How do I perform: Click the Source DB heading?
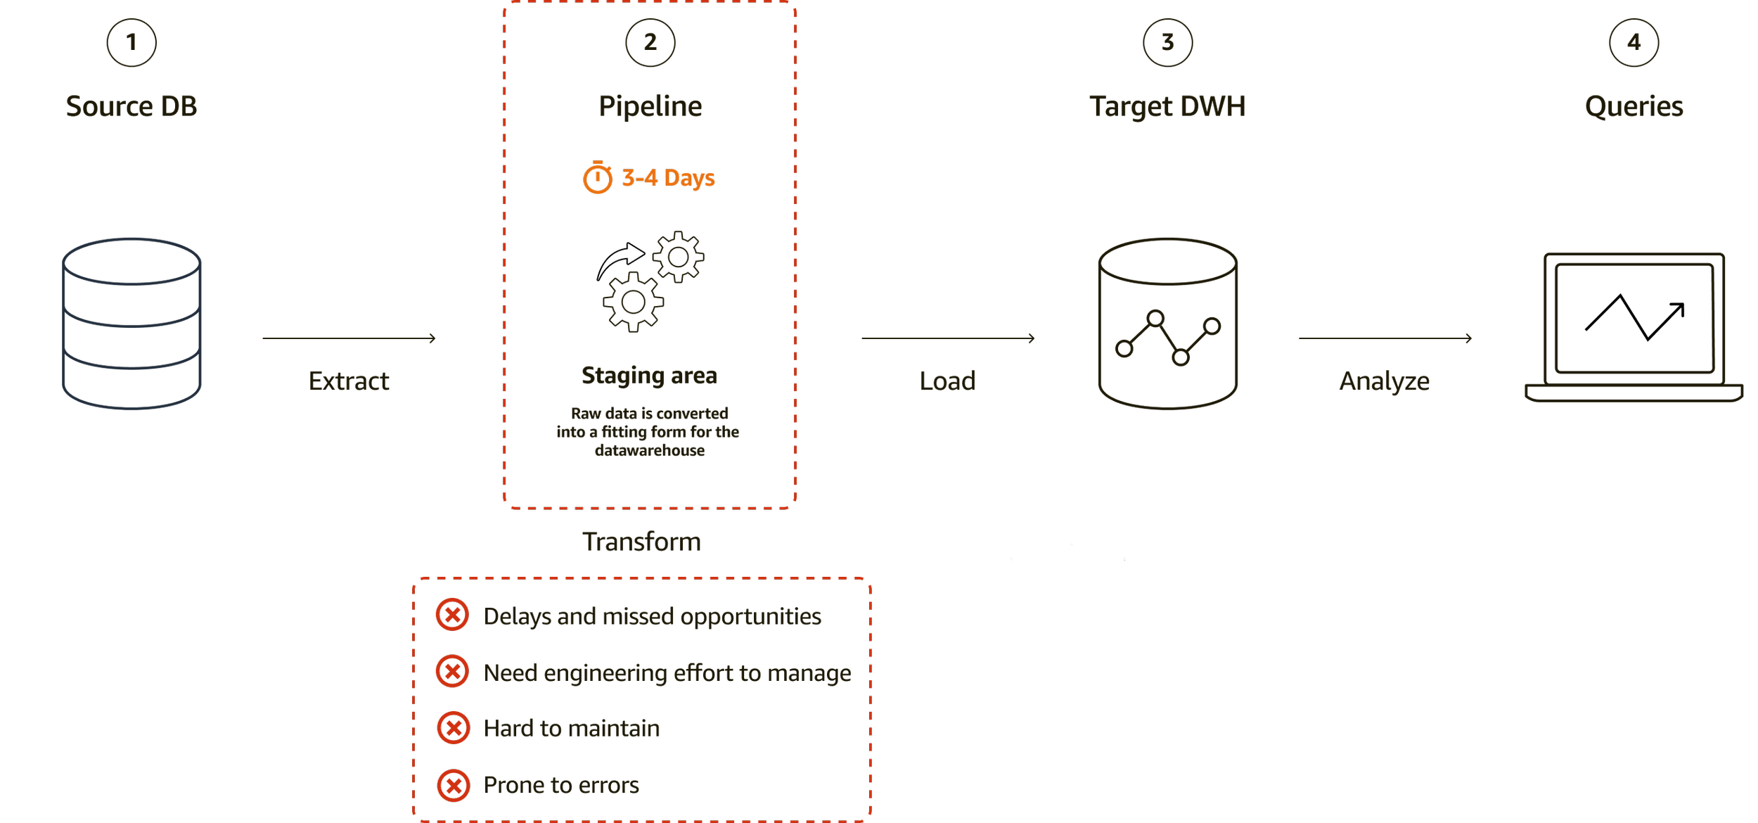[x=131, y=107]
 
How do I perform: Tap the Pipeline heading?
[x=651, y=107]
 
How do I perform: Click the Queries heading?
[x=1634, y=107]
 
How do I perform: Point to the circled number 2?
[x=650, y=42]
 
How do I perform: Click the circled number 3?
[x=1168, y=42]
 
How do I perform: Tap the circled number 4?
[x=1634, y=43]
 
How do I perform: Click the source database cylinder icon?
[x=132, y=324]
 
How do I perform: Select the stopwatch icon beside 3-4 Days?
[x=598, y=177]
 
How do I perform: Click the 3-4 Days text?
[x=669, y=178]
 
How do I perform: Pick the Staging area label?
[x=650, y=376]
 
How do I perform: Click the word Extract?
[x=349, y=381]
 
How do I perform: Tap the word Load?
[x=948, y=381]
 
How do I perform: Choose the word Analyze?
[x=1385, y=381]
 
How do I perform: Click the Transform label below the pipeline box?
[x=642, y=542]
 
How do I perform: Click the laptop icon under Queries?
[x=1634, y=327]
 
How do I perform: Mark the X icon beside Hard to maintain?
[x=454, y=727]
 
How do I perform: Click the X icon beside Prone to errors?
[x=454, y=785]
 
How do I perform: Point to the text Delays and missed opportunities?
[x=653, y=616]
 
